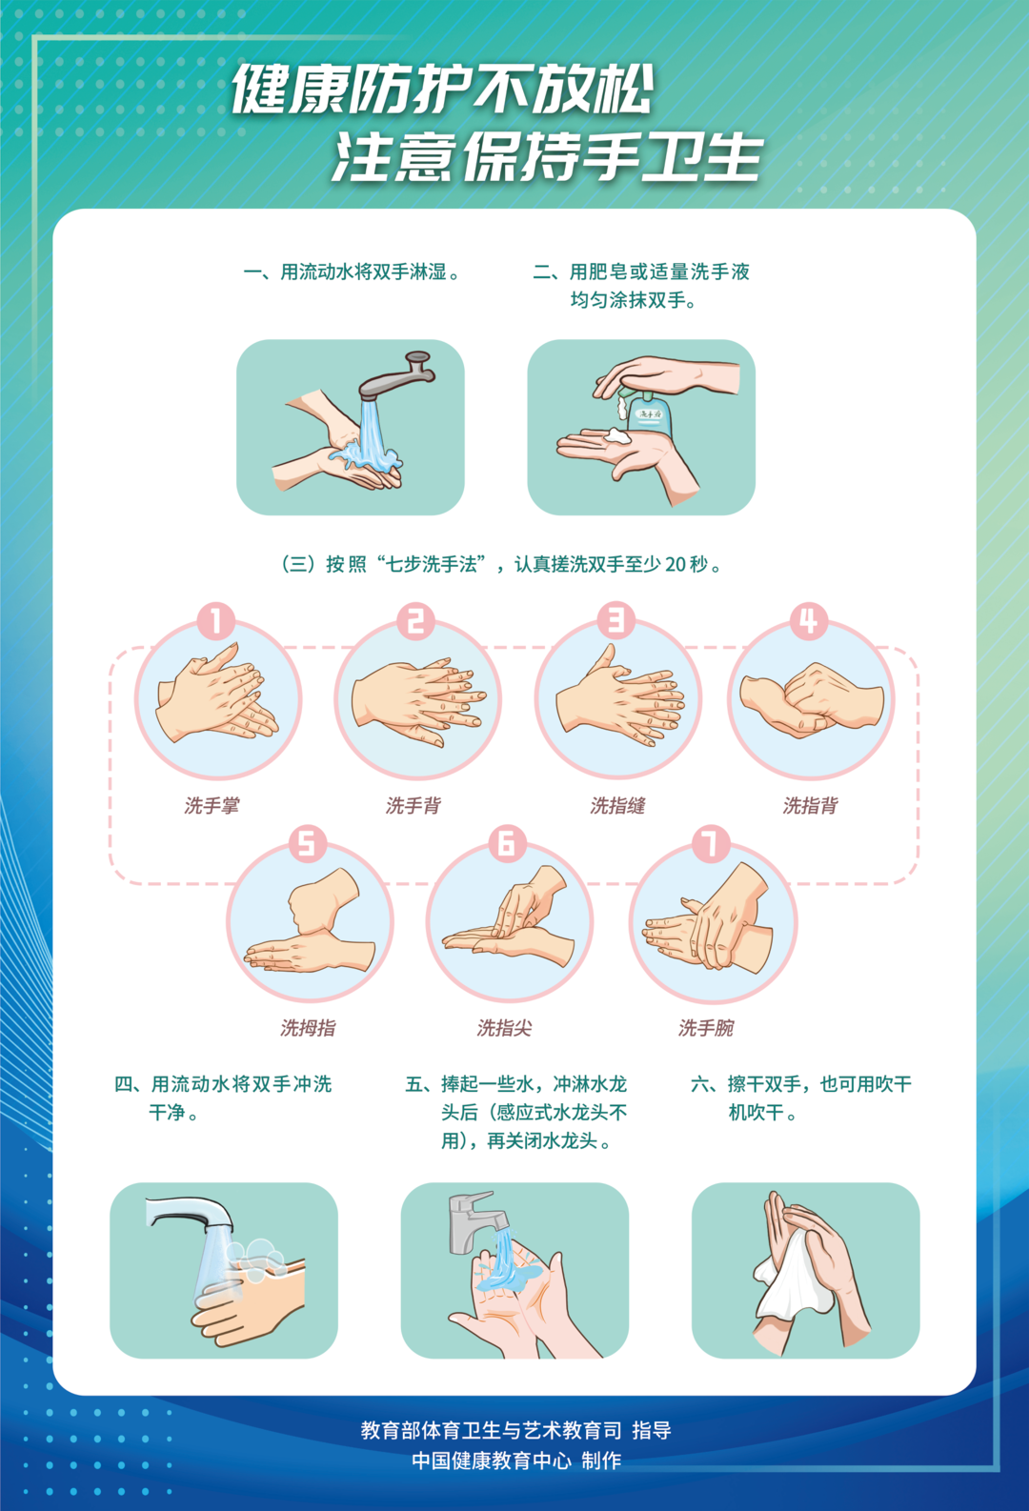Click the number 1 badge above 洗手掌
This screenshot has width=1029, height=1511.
(216, 621)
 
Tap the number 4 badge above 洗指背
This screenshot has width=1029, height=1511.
(808, 621)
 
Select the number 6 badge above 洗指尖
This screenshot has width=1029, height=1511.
(507, 843)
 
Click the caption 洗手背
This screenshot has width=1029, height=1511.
(413, 806)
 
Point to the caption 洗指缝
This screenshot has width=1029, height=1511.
(617, 806)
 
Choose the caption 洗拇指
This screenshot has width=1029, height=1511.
(308, 1028)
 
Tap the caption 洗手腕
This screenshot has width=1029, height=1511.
(706, 1028)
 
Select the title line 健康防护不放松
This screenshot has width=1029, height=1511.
(443, 91)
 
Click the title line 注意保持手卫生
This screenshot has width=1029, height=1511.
(548, 157)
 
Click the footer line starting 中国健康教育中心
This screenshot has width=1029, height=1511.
(516, 1461)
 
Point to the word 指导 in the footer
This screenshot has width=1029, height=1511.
(652, 1430)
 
